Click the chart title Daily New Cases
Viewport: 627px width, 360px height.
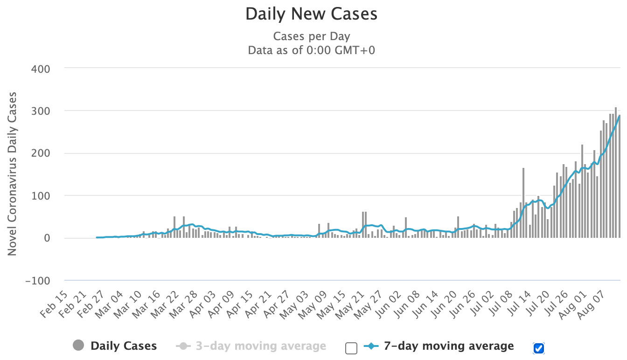(311, 14)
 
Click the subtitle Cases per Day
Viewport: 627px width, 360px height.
(311, 36)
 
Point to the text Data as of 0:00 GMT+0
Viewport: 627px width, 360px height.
(311, 50)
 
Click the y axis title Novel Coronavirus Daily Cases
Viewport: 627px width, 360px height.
(12, 174)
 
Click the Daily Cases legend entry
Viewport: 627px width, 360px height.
(124, 346)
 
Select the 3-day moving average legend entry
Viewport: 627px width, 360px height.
(260, 346)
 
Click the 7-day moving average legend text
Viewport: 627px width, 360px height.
(448, 346)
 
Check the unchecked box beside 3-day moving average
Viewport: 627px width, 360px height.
(351, 348)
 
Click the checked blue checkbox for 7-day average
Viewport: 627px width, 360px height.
(539, 348)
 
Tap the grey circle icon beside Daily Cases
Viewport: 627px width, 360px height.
(79, 346)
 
